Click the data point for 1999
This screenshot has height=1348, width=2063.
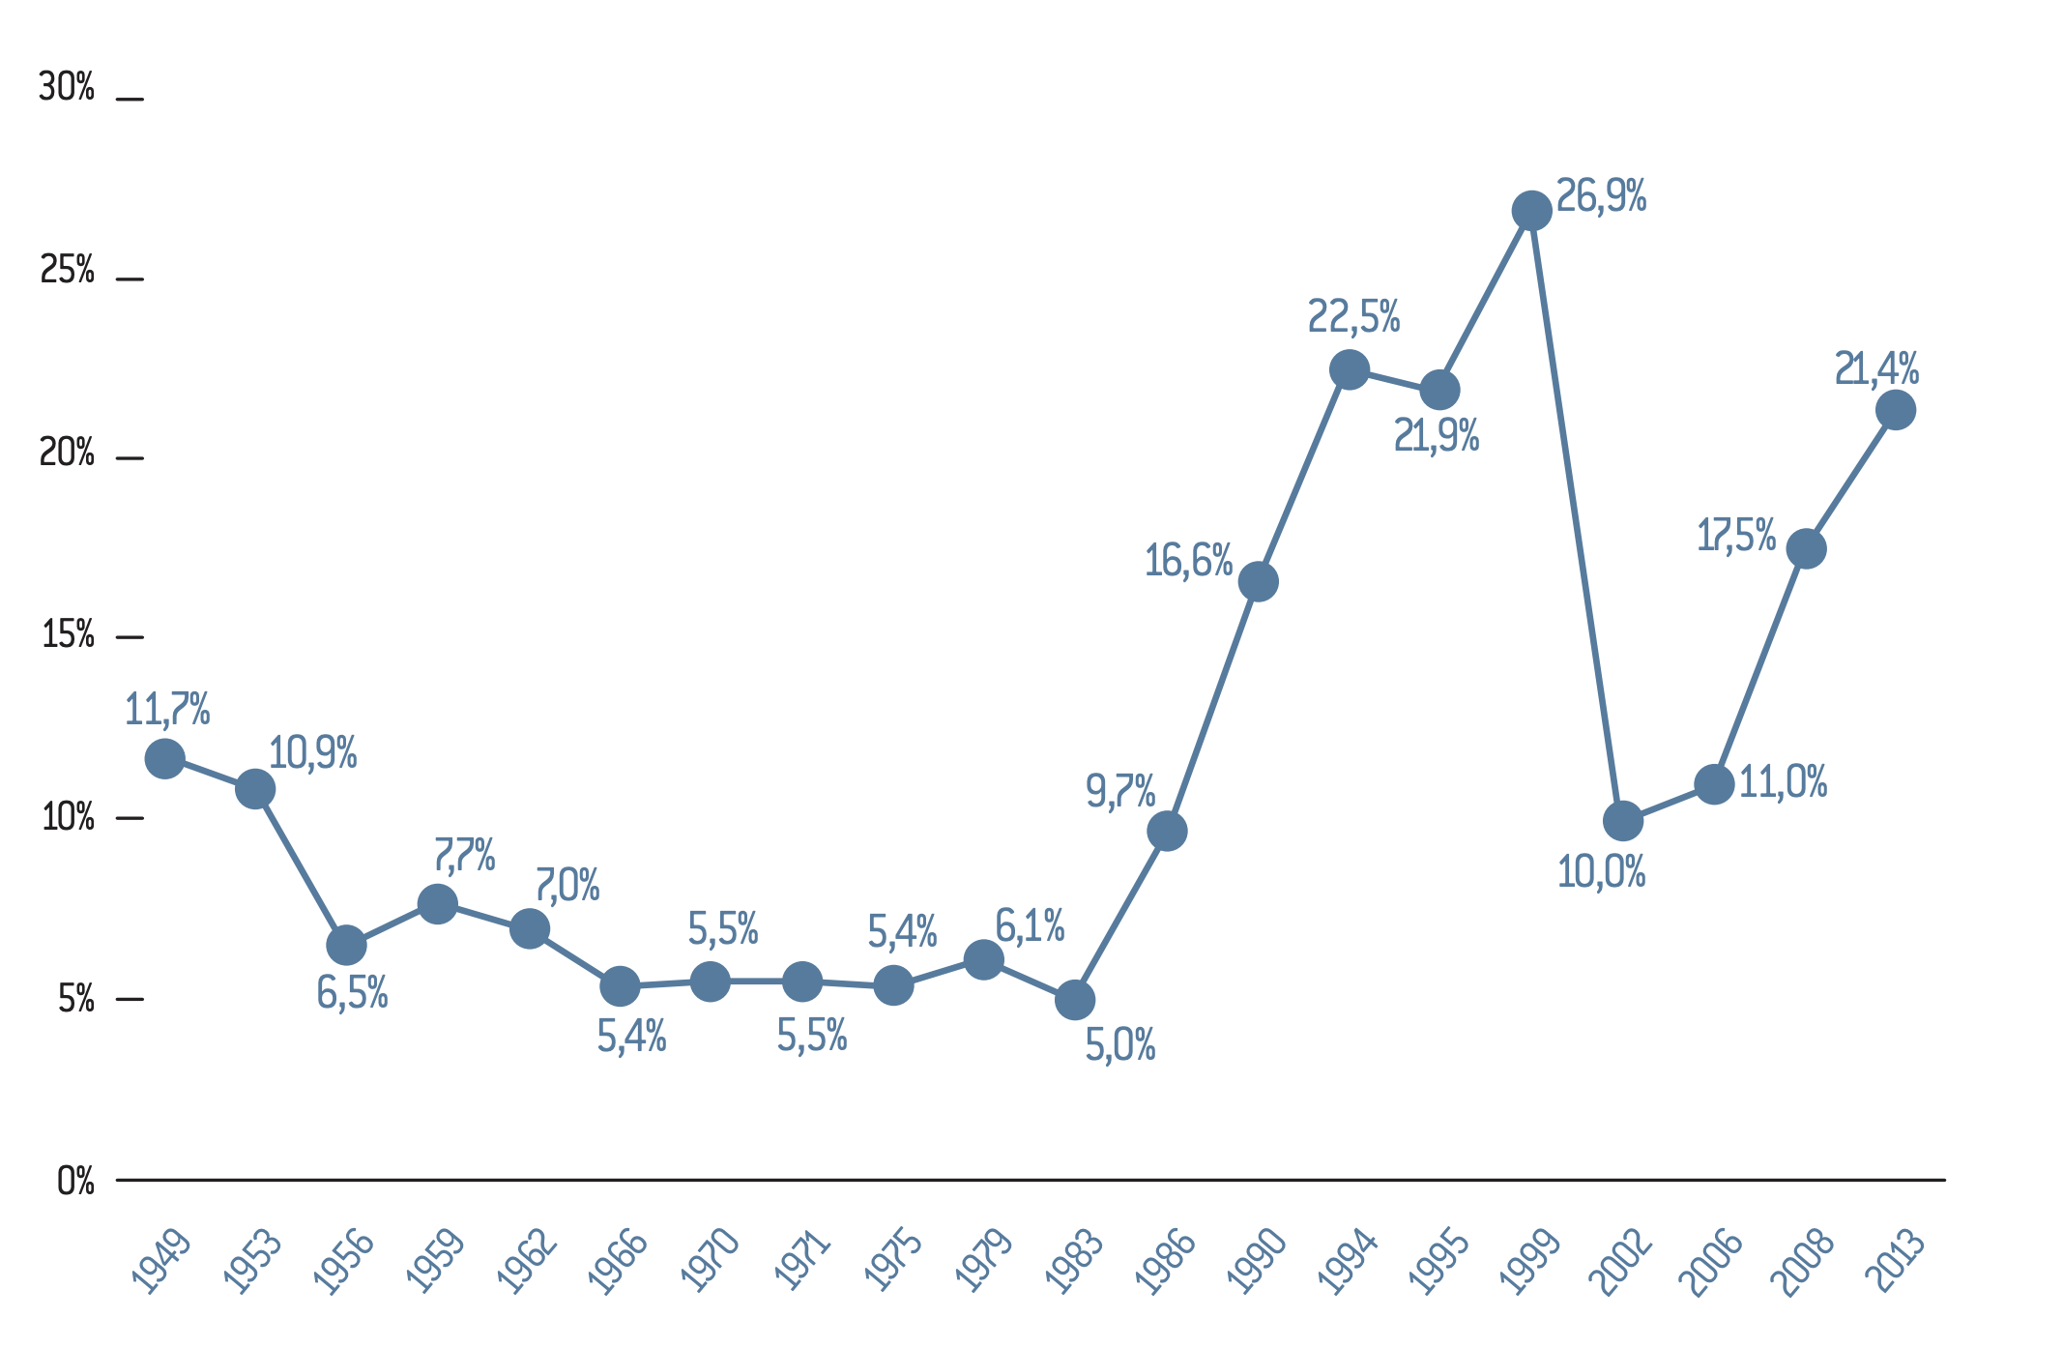1531,211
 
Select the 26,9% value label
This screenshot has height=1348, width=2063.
1601,196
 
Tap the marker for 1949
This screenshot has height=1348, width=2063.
164,758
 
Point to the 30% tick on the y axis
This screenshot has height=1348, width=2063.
67,88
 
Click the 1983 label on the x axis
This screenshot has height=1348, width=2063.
1075,1261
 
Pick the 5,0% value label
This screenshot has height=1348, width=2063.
1120,1045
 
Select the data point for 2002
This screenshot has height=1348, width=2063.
1622,821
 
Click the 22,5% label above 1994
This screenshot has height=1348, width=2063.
1353,316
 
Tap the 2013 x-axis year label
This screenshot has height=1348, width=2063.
1895,1261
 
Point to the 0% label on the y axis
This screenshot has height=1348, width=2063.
75,1181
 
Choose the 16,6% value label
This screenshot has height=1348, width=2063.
1188,561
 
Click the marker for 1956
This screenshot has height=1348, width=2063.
346,945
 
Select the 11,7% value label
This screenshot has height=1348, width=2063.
167,710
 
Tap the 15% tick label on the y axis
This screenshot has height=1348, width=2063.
68,635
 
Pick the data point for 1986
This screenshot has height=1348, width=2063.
1167,831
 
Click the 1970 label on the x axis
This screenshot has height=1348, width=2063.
711,1261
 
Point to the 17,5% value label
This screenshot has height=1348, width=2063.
1736,535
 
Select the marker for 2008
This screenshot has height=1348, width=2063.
1806,549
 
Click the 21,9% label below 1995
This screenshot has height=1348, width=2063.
1436,437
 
